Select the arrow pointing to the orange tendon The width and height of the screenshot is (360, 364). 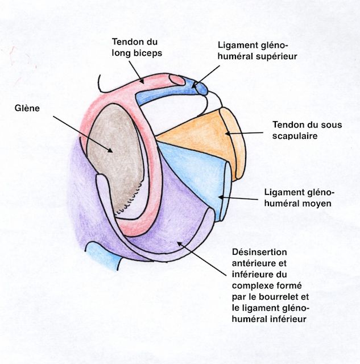tap(245, 133)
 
